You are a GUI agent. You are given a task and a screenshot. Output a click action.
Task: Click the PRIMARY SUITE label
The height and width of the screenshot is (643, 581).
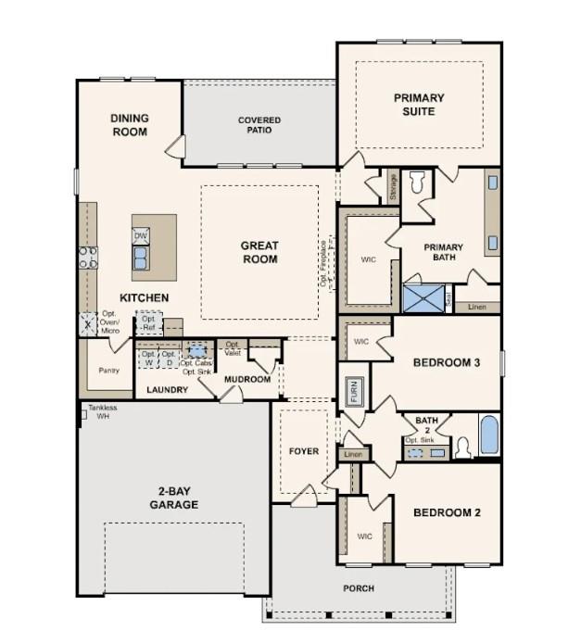(419, 105)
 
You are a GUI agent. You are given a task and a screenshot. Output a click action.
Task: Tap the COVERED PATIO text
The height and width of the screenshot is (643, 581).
(259, 126)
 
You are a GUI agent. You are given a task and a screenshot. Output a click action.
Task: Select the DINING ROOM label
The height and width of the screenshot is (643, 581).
(130, 125)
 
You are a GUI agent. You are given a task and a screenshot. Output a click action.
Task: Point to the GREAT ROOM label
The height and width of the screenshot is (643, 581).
(259, 252)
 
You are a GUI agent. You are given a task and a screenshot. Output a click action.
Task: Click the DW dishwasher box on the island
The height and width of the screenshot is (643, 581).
(141, 236)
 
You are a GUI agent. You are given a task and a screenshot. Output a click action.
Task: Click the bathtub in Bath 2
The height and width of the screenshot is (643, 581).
(488, 435)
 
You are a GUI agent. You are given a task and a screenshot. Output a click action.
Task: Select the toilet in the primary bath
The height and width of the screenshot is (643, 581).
(417, 183)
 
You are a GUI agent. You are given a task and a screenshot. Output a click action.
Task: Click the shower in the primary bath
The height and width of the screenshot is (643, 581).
(423, 299)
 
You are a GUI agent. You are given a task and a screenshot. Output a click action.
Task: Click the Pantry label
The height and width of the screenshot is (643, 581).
(108, 371)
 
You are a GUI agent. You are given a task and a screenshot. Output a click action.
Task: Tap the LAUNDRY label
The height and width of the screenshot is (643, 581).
(168, 390)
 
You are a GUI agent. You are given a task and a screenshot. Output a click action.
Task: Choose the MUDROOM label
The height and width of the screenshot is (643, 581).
(247, 380)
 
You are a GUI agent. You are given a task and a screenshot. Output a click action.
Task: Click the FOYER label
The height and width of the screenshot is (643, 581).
(304, 451)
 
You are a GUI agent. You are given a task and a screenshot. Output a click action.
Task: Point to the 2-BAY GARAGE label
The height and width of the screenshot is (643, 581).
(173, 498)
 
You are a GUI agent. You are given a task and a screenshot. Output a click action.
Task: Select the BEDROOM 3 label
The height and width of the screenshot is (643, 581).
(447, 362)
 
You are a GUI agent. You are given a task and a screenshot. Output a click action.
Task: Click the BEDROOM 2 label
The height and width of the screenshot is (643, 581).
(447, 512)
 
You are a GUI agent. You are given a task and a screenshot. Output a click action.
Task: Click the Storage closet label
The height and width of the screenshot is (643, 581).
(393, 188)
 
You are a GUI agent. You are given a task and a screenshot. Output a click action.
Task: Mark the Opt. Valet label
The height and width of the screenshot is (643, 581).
(234, 349)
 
